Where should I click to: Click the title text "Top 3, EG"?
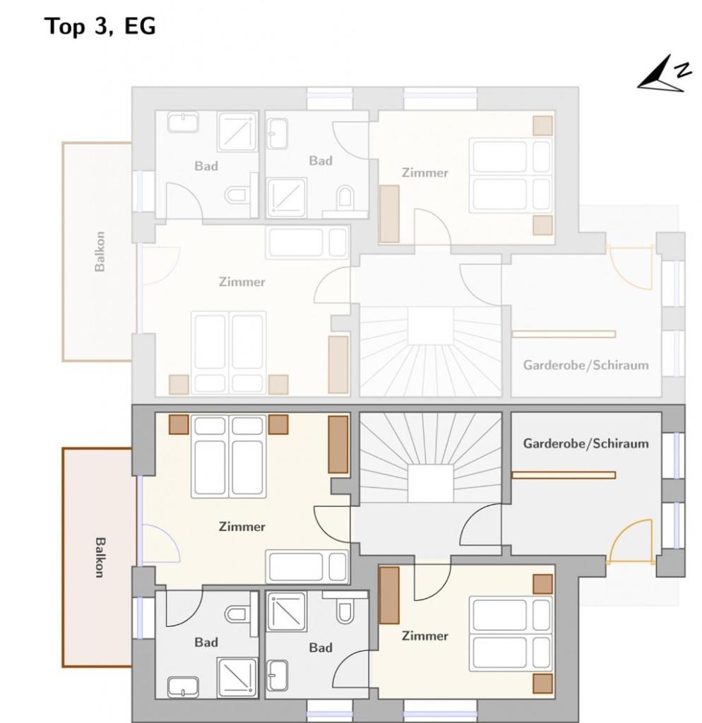pyautogui.click(x=100, y=26)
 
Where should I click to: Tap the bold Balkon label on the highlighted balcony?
pyautogui.click(x=100, y=557)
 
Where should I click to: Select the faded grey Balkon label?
pyautogui.click(x=100, y=251)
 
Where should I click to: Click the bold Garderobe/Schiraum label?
pyautogui.click(x=585, y=443)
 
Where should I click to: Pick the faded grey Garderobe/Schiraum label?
pyautogui.click(x=585, y=365)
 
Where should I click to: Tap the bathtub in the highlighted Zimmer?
pyautogui.click(x=307, y=566)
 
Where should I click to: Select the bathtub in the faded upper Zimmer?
pyautogui.click(x=307, y=242)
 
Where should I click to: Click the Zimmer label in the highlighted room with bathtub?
pyautogui.click(x=242, y=527)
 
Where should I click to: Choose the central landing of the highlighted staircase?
pyautogui.click(x=430, y=483)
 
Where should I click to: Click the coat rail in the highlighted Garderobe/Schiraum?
pyautogui.click(x=563, y=475)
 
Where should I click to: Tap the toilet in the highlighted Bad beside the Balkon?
pyautogui.click(x=239, y=613)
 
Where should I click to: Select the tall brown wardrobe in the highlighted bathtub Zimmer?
pyautogui.click(x=338, y=444)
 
